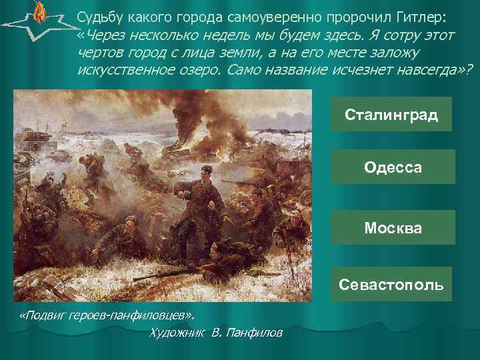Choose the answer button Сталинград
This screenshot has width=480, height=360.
(391, 114)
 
